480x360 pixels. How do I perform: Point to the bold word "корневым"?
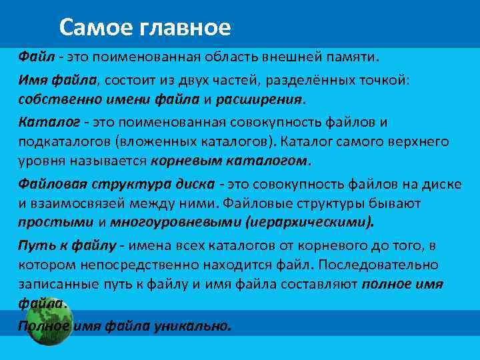[182, 161]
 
